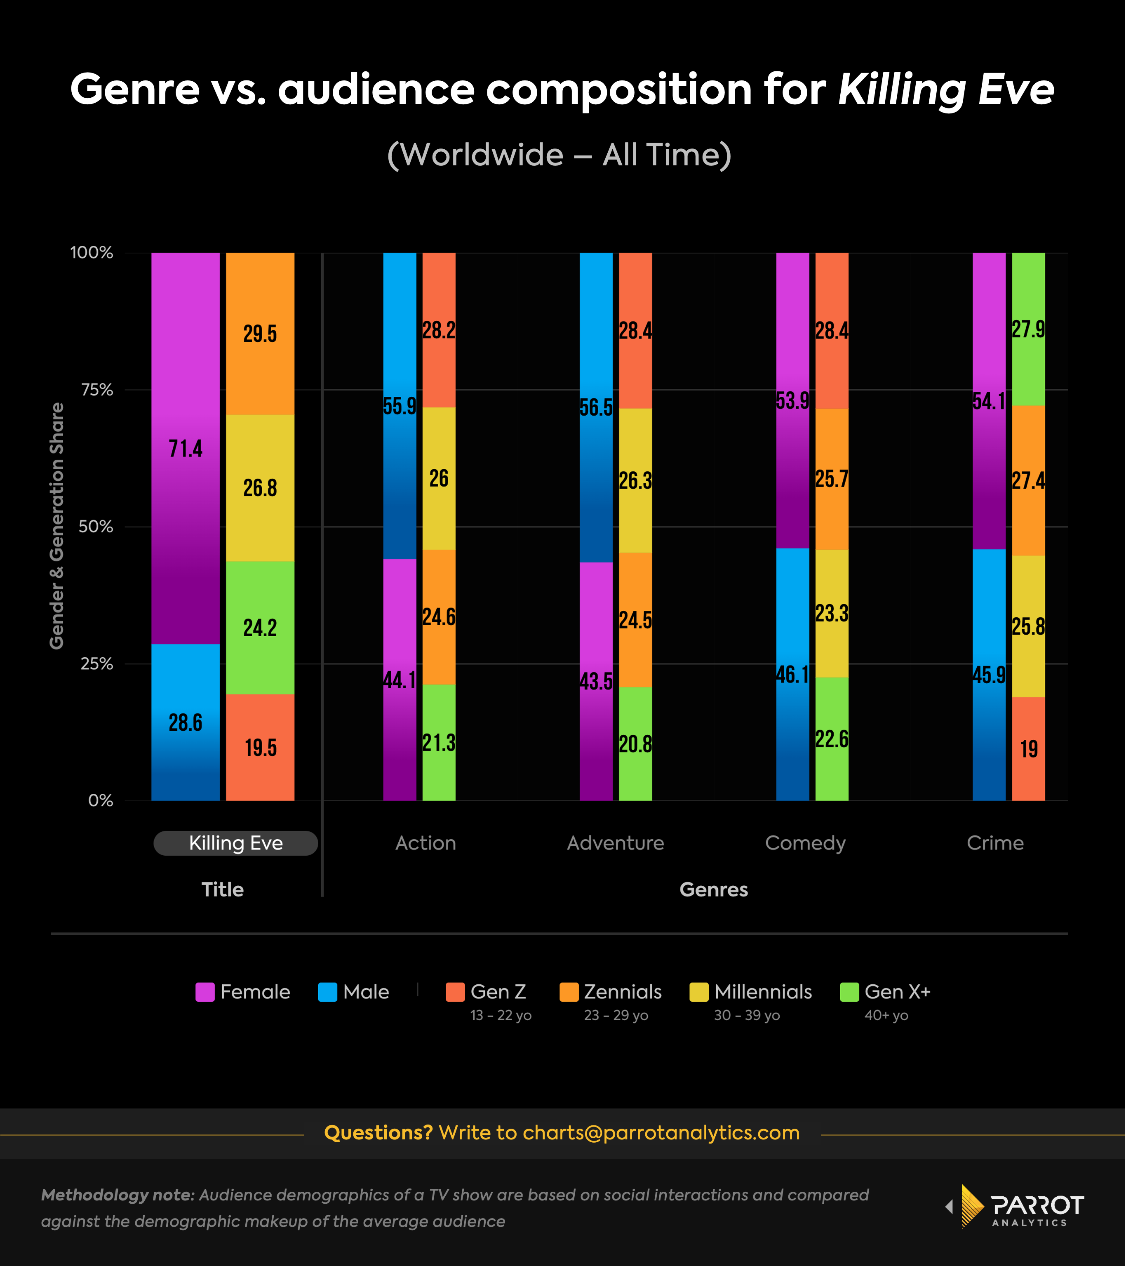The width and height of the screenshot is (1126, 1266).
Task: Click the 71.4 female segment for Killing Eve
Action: coord(185,448)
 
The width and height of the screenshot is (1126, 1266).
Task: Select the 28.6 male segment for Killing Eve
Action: coord(185,722)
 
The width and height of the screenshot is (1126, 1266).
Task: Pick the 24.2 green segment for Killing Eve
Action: coord(260,627)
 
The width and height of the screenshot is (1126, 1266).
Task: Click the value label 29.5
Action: coord(260,334)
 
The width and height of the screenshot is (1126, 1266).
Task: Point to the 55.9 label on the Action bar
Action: coord(400,406)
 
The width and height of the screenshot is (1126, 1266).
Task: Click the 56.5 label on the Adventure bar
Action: coord(596,407)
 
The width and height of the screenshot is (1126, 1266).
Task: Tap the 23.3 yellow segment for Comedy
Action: coord(831,613)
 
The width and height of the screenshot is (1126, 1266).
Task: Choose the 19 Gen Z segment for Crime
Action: coord(1028,749)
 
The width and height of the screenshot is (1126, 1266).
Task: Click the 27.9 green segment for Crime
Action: coord(1028,329)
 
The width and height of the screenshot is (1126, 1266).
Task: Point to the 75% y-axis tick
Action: coord(97,390)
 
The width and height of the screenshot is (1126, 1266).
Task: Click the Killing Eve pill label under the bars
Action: coord(235,843)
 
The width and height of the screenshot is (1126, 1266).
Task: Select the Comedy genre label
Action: coord(805,843)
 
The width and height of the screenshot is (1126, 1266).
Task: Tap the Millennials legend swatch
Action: coord(698,992)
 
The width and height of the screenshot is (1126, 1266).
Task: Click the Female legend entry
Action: coord(243,992)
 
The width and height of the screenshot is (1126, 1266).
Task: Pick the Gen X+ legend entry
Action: coord(886,992)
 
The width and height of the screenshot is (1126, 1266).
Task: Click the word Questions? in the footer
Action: coord(378,1132)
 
